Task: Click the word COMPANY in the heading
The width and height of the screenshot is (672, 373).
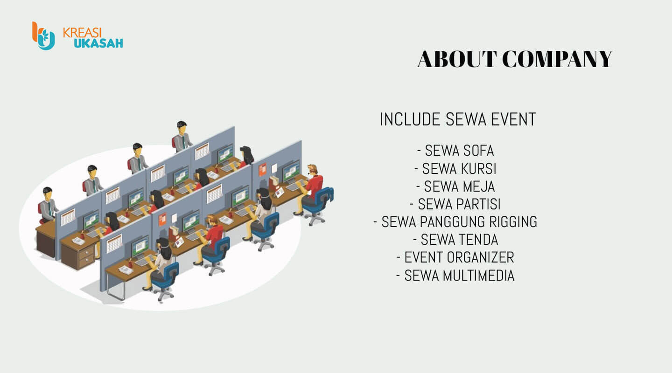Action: pyautogui.click(x=557, y=59)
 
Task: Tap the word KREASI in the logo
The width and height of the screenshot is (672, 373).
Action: pyautogui.click(x=82, y=33)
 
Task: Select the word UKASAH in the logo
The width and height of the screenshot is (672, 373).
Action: pyautogui.click(x=98, y=43)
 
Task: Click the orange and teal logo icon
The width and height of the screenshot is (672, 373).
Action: pyautogui.click(x=43, y=36)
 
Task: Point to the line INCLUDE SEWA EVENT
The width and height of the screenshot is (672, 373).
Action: pyautogui.click(x=458, y=119)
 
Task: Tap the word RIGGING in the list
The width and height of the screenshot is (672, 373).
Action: pyautogui.click(x=513, y=222)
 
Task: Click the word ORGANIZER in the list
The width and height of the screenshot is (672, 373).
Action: pyautogui.click(x=480, y=257)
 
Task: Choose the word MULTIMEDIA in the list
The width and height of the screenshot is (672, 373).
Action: pyautogui.click(x=478, y=276)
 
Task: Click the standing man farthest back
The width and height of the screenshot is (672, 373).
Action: pyautogui.click(x=182, y=137)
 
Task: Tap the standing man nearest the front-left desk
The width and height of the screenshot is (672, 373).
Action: pyautogui.click(x=48, y=206)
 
